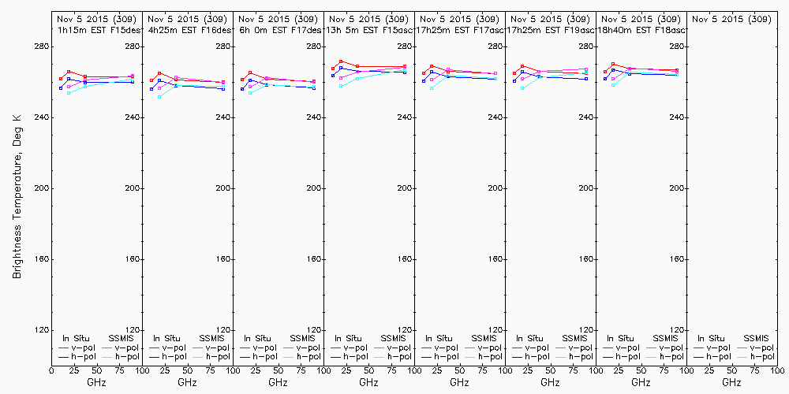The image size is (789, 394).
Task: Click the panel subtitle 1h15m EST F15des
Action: [95, 30]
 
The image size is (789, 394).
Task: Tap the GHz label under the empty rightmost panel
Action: [731, 383]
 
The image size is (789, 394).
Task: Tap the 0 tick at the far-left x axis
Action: [51, 370]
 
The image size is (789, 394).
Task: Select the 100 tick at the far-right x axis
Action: [777, 370]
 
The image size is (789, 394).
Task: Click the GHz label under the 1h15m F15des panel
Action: [96, 383]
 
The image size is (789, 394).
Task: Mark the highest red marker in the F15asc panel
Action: [341, 61]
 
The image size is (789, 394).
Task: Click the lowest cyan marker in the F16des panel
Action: [159, 97]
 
